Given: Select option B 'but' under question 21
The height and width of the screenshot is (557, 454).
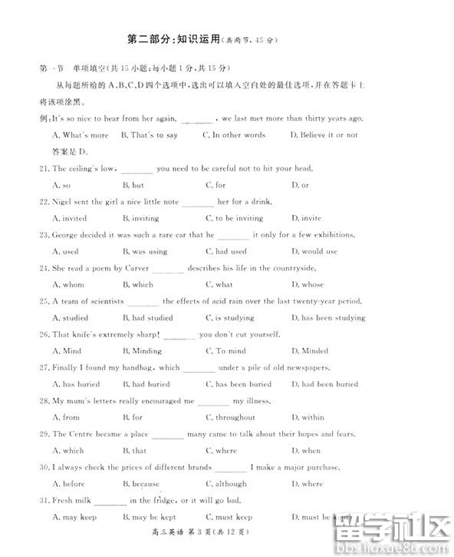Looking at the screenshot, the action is (x=133, y=185).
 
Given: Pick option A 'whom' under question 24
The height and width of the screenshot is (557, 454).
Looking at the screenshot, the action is (x=68, y=284).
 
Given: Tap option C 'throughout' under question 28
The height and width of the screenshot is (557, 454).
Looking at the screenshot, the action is (x=230, y=417).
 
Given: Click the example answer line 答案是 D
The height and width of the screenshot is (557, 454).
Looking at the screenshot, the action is (x=69, y=151).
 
